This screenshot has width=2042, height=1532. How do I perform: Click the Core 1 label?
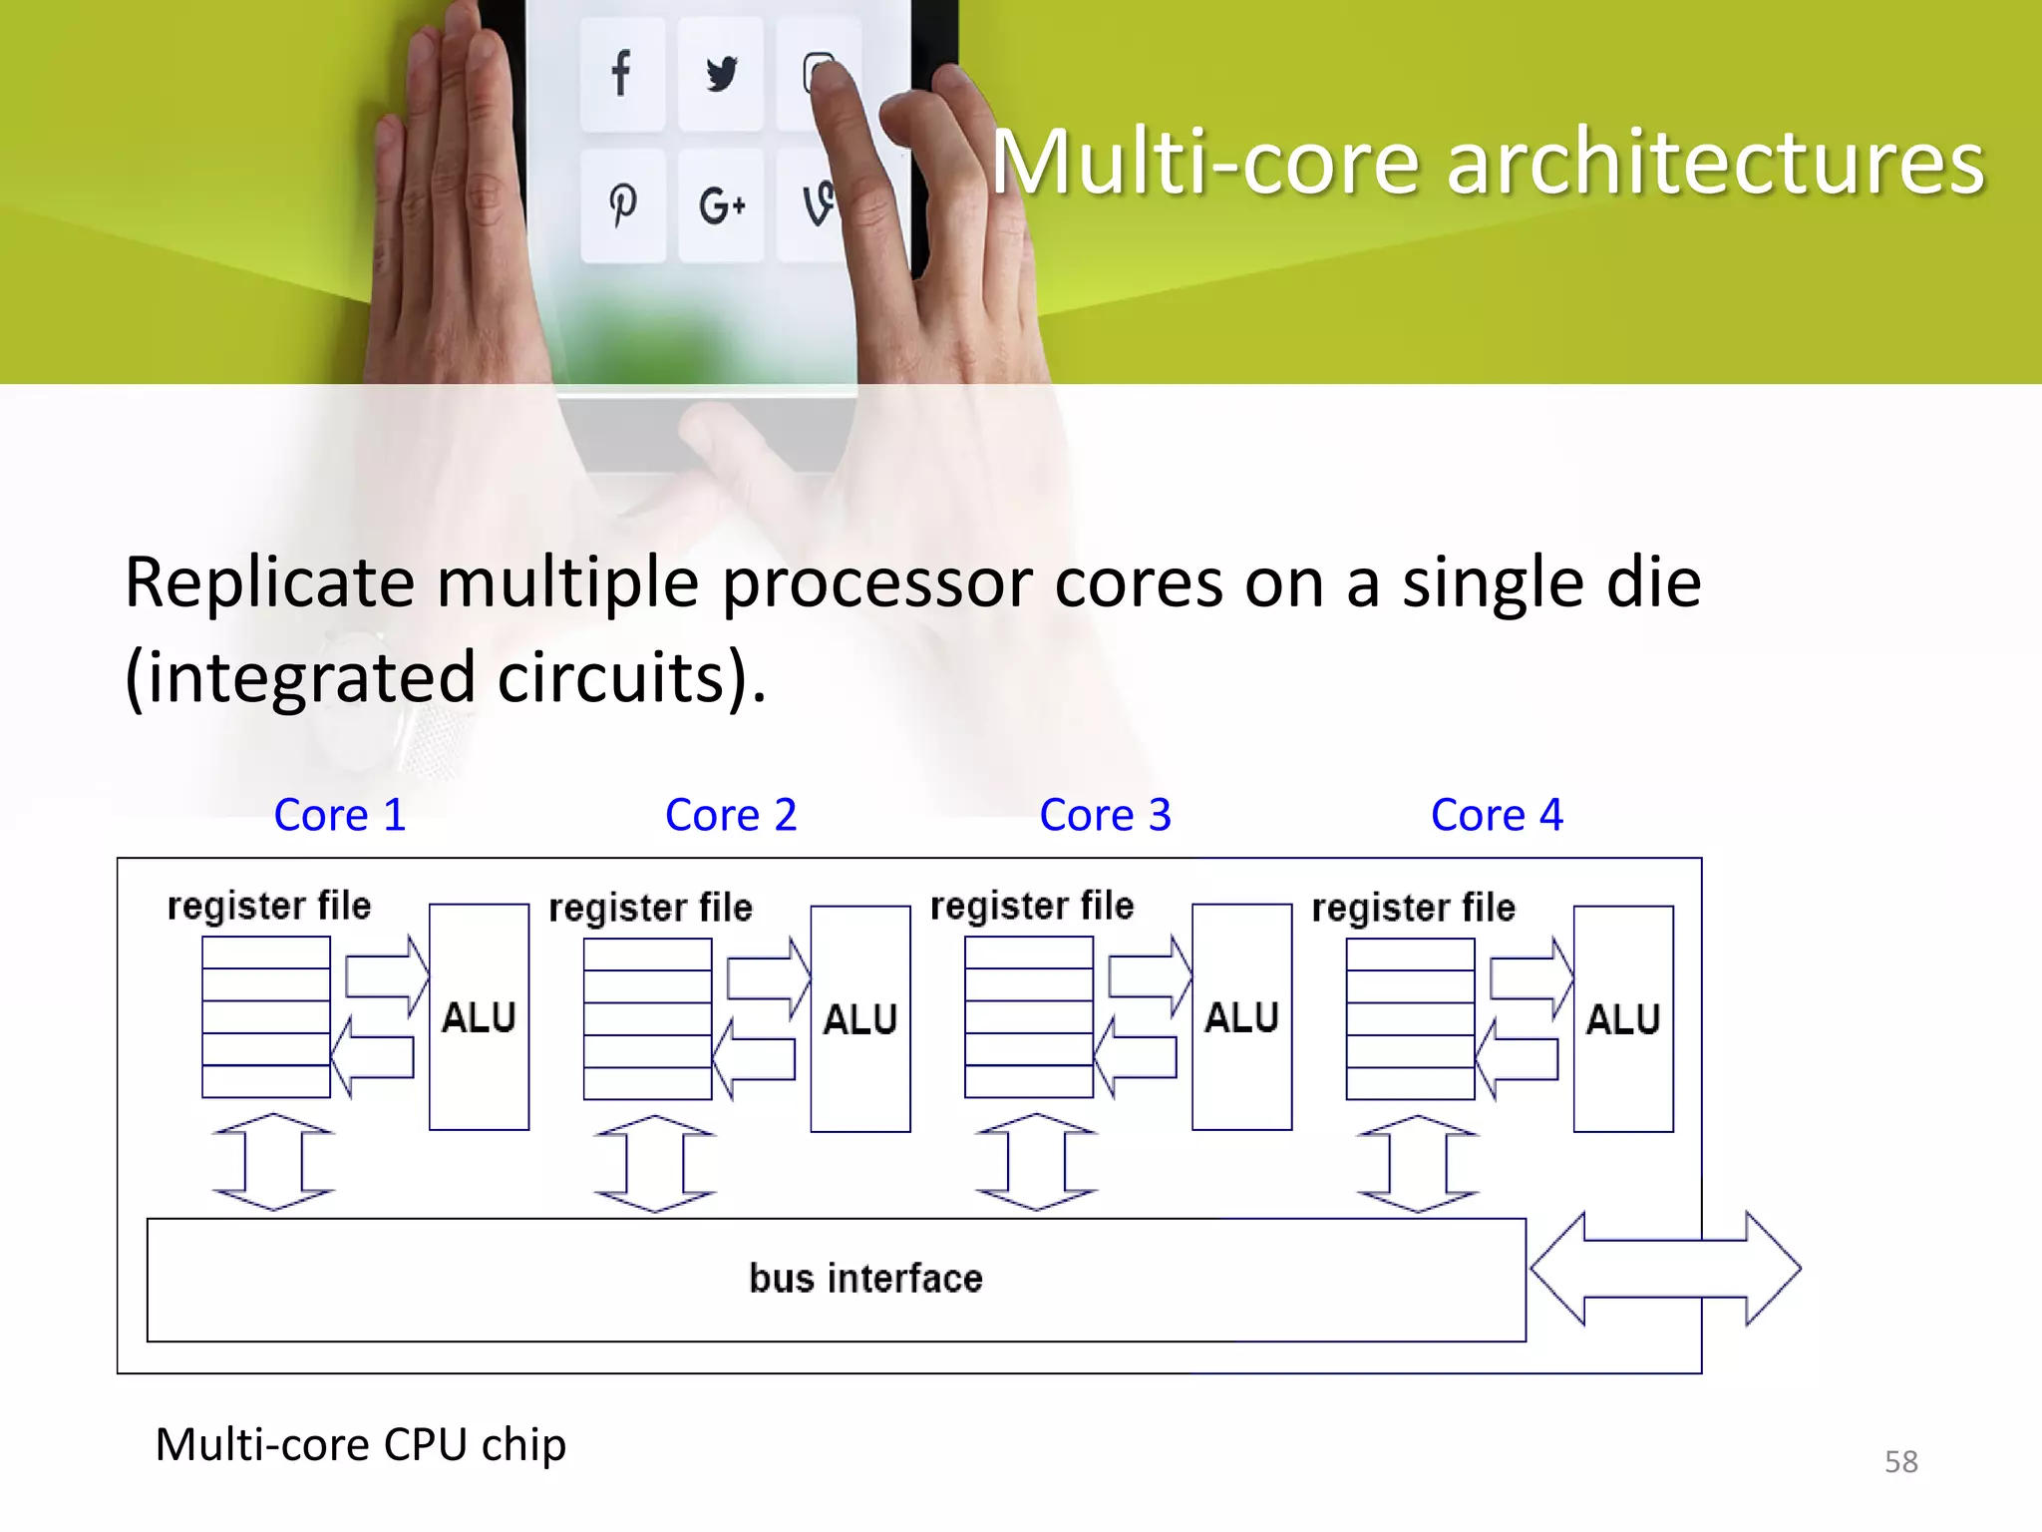[340, 815]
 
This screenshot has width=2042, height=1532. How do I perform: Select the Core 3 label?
[1105, 815]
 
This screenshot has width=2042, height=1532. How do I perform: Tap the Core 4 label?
[1497, 815]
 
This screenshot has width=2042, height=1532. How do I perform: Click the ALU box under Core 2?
[860, 1018]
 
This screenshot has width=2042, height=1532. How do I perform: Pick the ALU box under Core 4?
[1623, 1018]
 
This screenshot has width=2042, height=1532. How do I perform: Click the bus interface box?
[836, 1280]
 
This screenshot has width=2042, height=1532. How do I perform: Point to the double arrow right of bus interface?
[1665, 1269]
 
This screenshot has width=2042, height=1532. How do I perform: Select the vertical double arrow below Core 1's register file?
[273, 1162]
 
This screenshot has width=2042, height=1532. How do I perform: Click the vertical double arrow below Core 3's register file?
[1036, 1162]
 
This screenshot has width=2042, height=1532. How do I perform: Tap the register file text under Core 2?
[650, 908]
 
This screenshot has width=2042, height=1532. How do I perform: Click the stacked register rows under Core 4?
[1410, 1018]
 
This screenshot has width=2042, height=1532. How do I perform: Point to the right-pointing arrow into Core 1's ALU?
[387, 975]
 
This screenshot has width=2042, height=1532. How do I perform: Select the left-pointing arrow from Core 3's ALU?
[1136, 1057]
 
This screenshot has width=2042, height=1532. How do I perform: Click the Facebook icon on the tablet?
[621, 74]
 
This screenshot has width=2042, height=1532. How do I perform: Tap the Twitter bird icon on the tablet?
[721, 74]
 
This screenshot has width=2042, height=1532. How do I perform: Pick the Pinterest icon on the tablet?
[623, 205]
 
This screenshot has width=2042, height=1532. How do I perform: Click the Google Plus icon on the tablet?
[721, 205]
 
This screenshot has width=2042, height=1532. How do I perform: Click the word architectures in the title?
[1715, 163]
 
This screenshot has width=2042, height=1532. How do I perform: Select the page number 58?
[1900, 1461]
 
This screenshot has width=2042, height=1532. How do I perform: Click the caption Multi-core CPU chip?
[360, 1444]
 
